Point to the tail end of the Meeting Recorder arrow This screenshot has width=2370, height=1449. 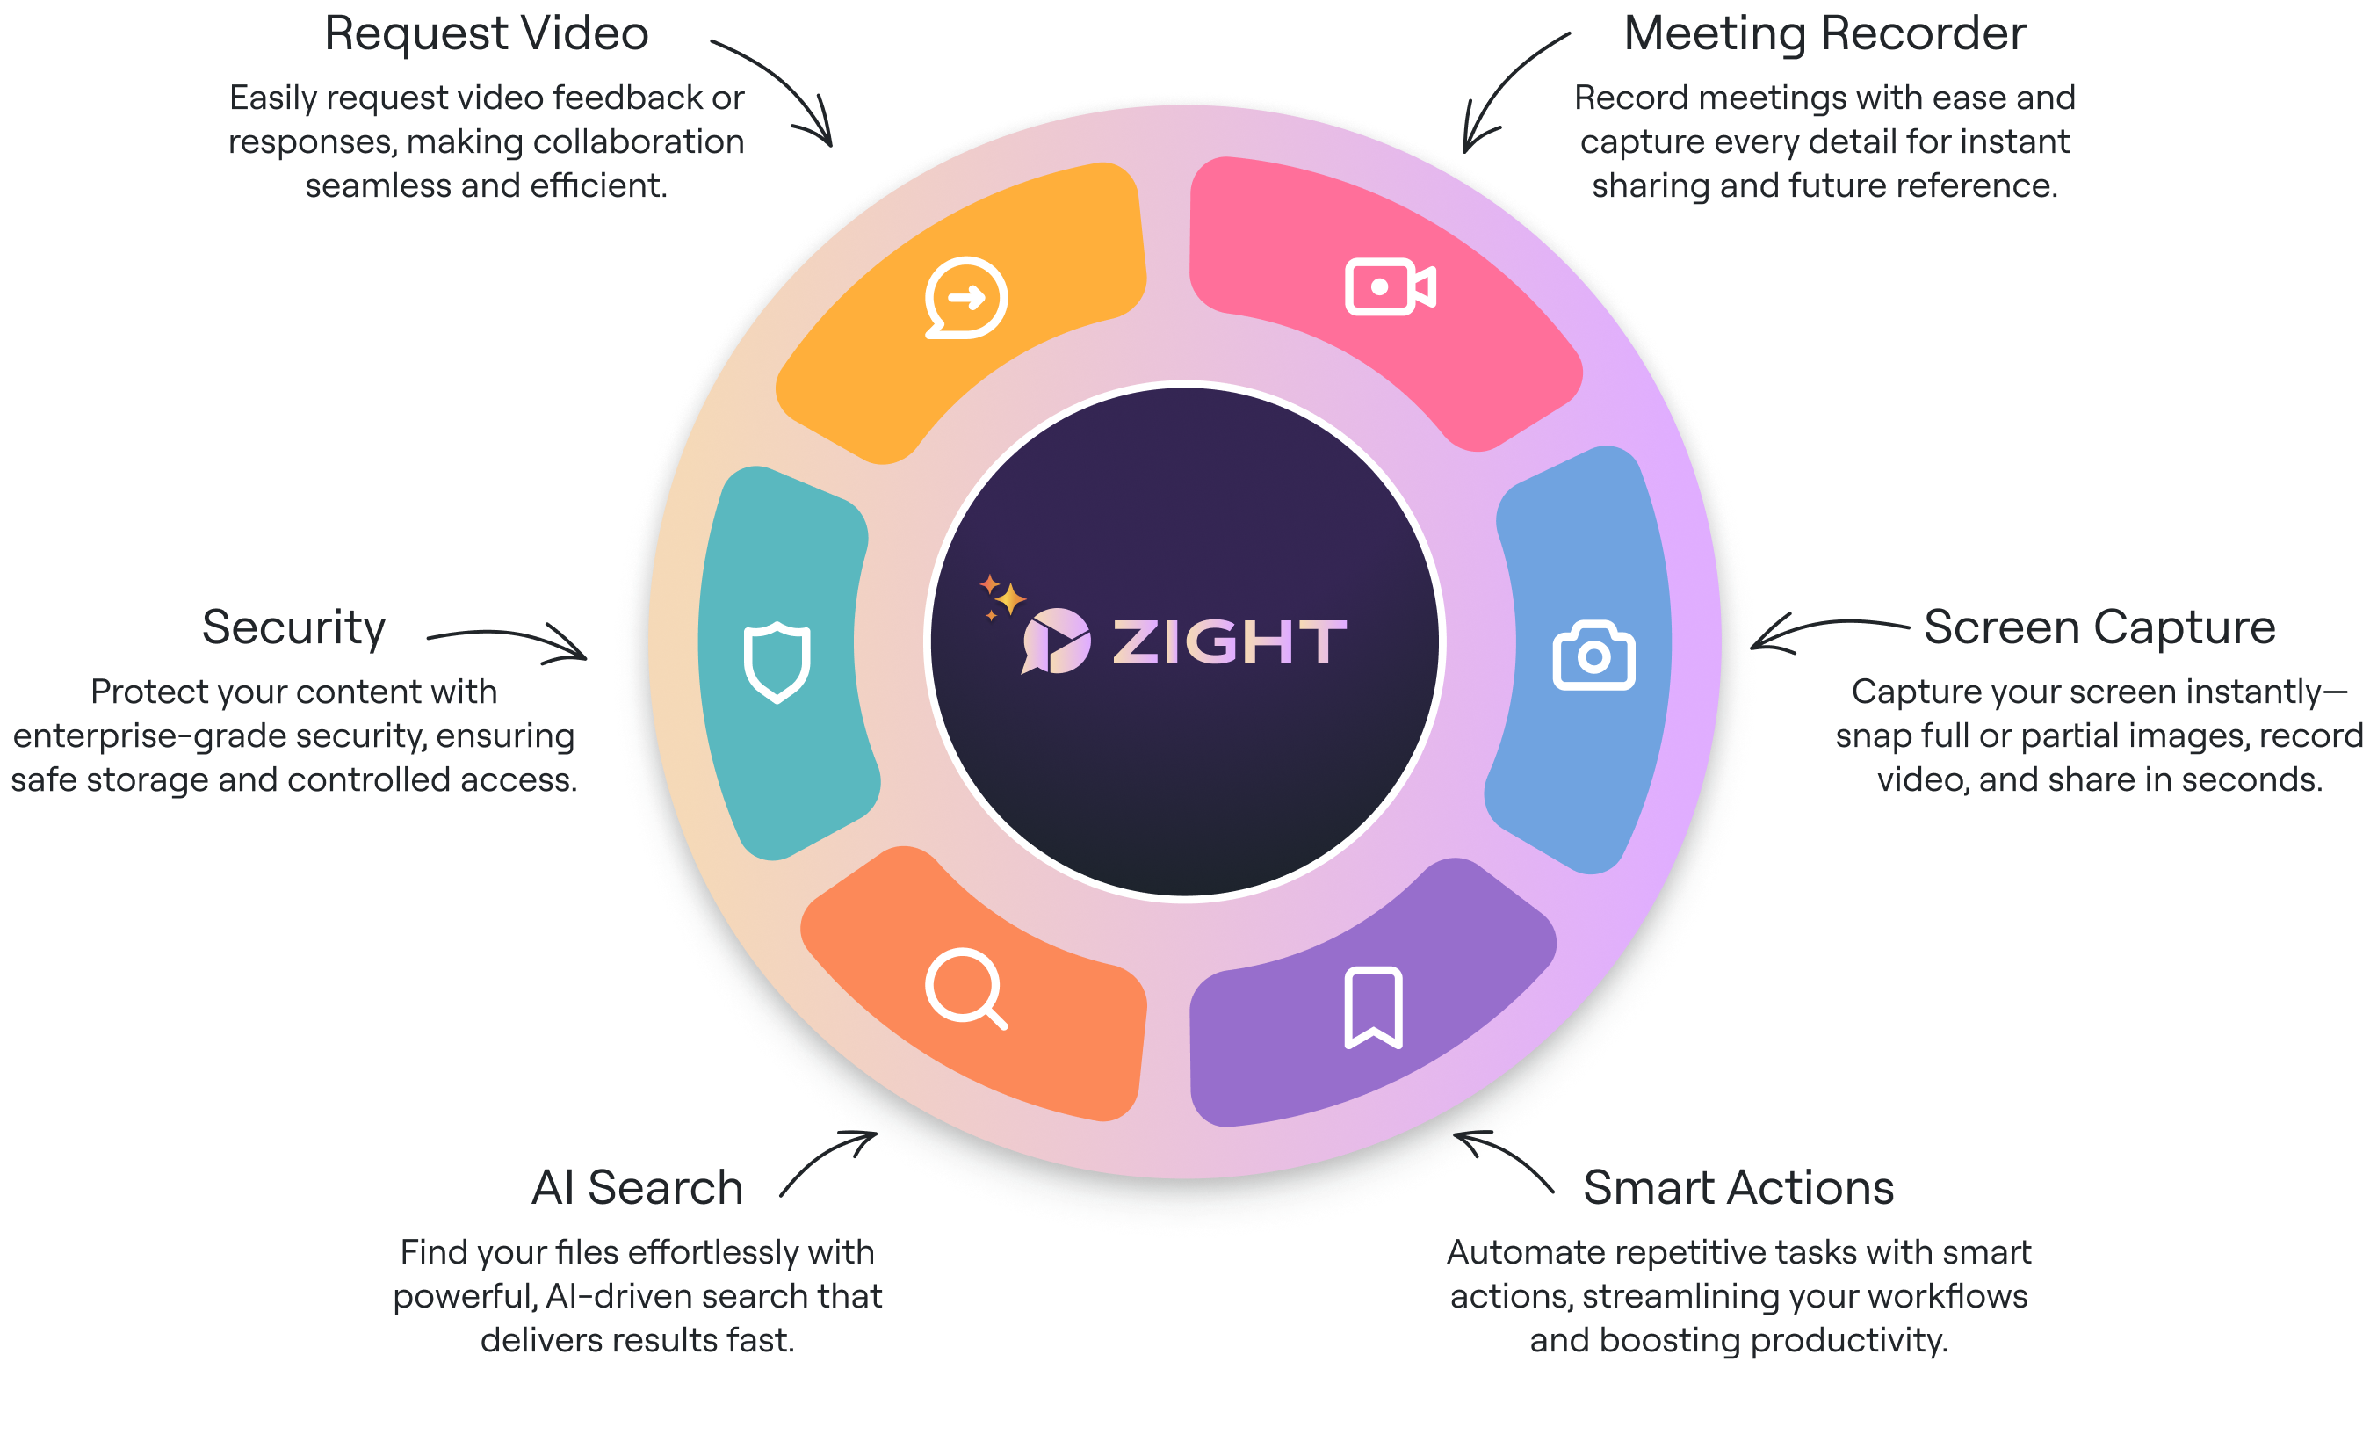pos(1570,33)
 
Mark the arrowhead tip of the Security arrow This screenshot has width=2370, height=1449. pos(586,658)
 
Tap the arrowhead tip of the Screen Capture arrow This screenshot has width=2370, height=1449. pos(1752,648)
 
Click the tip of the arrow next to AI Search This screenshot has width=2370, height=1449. pos(877,1134)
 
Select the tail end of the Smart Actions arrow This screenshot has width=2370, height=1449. pos(1553,1193)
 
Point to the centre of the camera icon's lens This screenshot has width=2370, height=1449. pos(1593,657)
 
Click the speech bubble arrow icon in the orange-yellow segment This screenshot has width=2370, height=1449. pos(965,298)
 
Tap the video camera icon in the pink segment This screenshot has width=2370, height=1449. pos(1390,286)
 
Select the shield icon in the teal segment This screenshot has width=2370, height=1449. pos(777,662)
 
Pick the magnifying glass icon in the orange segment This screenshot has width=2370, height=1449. pos(965,989)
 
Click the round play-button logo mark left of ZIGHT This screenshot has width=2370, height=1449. pos(1056,641)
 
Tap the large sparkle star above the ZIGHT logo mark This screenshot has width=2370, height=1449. pos(1009,598)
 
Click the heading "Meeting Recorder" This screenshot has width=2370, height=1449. pos(1824,33)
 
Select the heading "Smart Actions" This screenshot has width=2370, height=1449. pos(1738,1187)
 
